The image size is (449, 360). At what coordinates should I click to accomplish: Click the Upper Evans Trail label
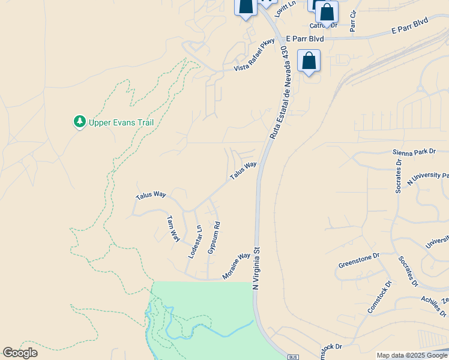(x=121, y=122)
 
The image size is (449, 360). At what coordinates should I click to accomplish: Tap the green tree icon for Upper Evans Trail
(x=79, y=122)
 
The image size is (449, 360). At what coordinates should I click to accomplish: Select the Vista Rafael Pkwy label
(x=254, y=55)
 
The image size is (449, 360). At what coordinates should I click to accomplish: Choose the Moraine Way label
(x=236, y=266)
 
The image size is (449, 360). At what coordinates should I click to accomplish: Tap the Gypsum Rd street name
(x=214, y=238)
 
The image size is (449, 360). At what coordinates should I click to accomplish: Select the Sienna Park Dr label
(x=414, y=152)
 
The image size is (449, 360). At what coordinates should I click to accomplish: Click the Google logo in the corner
(x=20, y=353)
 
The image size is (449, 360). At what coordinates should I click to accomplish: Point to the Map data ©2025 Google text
(x=412, y=355)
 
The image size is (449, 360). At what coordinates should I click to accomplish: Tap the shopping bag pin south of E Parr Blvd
(x=309, y=61)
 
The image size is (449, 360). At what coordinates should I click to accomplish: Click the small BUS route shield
(x=293, y=356)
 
